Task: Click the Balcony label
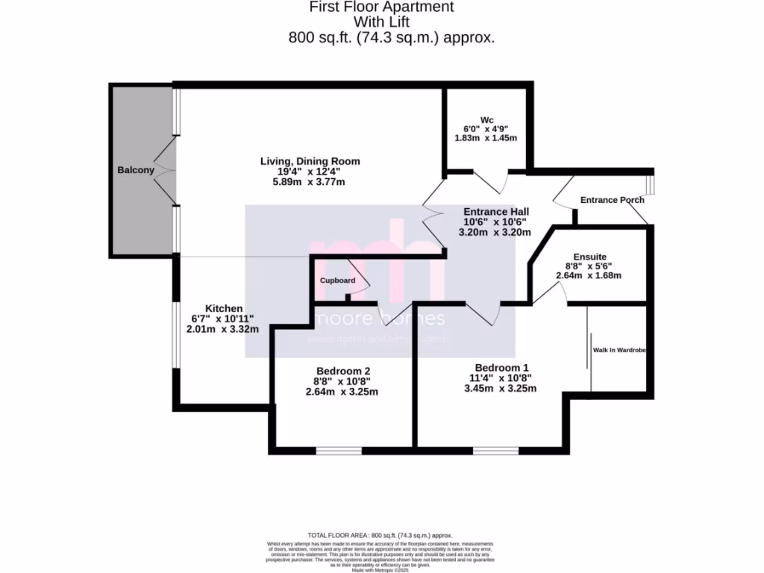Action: (135, 170)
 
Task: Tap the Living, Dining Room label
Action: (310, 161)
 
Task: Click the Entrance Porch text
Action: (612, 200)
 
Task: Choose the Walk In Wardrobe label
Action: (619, 350)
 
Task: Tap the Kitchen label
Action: (224, 308)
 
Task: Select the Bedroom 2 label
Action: (342, 371)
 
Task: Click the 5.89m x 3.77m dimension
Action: (310, 182)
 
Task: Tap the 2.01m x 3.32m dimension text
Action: (222, 329)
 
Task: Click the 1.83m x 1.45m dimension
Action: (486, 138)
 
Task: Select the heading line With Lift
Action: (381, 22)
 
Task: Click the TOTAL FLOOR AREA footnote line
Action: (381, 535)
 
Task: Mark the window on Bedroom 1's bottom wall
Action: (495, 451)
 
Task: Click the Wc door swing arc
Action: (489, 182)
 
